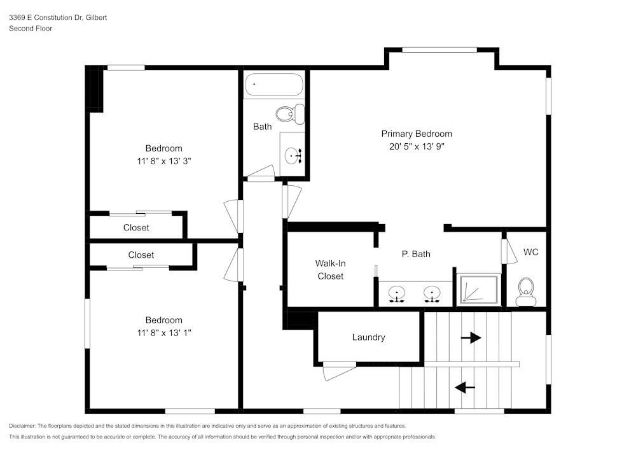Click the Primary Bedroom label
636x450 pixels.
pos(417,134)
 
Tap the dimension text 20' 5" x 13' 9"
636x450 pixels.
pos(417,146)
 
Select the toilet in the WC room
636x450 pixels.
pos(526,292)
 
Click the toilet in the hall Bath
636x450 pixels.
pos(296,115)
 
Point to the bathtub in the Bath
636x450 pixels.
pos(274,85)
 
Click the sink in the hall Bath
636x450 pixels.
pos(294,155)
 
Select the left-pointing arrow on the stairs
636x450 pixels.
pos(465,386)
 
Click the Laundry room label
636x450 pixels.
pos(368,337)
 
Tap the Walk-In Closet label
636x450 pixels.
pos(330,269)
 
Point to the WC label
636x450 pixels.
pos(530,252)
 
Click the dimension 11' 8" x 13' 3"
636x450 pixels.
pos(164,161)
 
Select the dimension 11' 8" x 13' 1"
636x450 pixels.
pos(164,332)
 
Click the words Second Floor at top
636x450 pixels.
pos(31,29)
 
